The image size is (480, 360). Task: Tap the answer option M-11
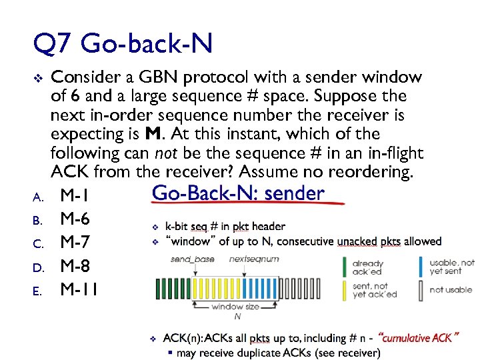(x=79, y=289)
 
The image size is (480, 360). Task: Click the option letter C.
(x=38, y=244)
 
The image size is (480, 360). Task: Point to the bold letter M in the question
(x=152, y=134)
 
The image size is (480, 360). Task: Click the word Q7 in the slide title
(x=51, y=45)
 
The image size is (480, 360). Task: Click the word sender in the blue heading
(x=295, y=193)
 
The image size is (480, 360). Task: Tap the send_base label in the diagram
(x=192, y=259)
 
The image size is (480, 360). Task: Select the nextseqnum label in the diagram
(x=254, y=259)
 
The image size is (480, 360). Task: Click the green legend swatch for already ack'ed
(x=345, y=267)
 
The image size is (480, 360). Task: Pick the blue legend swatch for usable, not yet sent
(x=420, y=267)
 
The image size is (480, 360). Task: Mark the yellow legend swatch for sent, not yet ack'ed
(x=345, y=290)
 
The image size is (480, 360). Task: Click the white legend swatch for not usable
(x=420, y=290)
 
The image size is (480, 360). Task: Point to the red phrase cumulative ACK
(x=419, y=338)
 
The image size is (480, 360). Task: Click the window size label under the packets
(x=235, y=307)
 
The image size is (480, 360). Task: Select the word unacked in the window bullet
(x=357, y=241)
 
